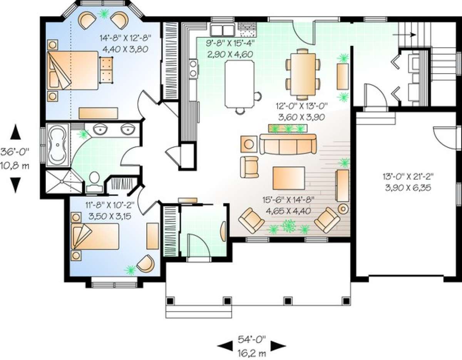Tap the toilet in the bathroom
tap(94, 183)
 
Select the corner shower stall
tap(64, 181)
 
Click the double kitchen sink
tap(223, 30)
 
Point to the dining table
tap(303, 74)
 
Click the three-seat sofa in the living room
tap(288, 144)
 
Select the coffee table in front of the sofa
tap(289, 178)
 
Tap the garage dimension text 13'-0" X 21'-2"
tap(408, 176)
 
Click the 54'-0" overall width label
tap(252, 339)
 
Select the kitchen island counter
tap(239, 84)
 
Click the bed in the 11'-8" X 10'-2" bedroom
tap(95, 236)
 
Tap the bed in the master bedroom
tap(73, 70)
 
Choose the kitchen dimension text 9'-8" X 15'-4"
tap(230, 44)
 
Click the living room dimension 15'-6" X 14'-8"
tap(288, 200)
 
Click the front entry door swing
tap(199, 246)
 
